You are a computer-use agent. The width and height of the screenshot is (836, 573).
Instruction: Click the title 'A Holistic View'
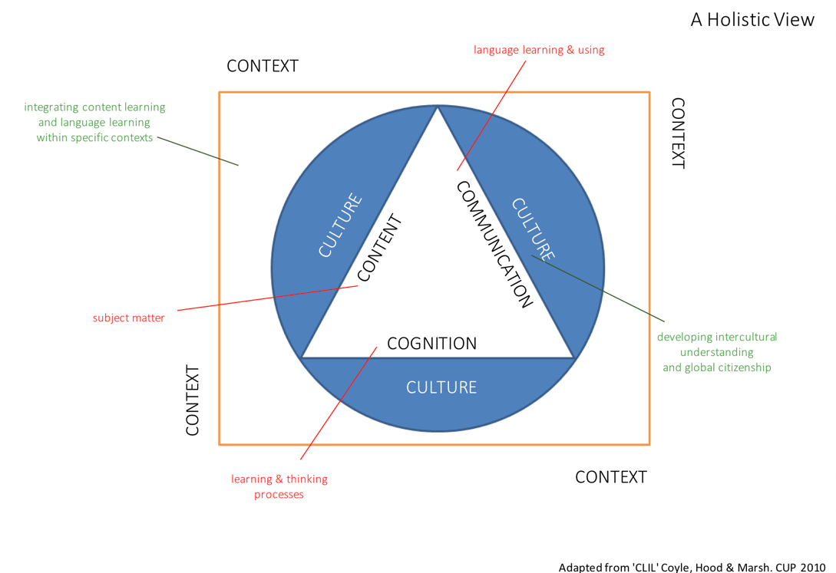(x=752, y=20)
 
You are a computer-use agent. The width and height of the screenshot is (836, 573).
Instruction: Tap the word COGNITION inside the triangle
(x=431, y=344)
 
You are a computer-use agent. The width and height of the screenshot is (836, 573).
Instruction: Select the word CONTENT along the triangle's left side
(x=378, y=248)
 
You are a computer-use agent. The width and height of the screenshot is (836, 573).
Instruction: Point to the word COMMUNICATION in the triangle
(x=494, y=245)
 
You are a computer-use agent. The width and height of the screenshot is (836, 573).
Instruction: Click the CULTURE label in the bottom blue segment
(x=441, y=387)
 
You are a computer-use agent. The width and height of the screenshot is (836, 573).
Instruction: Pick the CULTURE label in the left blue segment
(x=340, y=226)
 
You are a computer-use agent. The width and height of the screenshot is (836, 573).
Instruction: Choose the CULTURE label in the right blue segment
(x=533, y=229)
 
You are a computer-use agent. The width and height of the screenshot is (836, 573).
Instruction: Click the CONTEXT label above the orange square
(x=262, y=66)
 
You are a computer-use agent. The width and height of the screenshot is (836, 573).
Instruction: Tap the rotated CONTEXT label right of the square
(x=678, y=133)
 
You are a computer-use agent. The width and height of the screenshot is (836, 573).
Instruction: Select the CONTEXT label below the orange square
(x=611, y=477)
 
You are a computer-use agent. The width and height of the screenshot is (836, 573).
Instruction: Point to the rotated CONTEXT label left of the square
(x=193, y=400)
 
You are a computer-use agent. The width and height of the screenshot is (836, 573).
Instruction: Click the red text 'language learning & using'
(x=539, y=50)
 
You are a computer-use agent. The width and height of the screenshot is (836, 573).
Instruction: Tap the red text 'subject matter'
(x=129, y=318)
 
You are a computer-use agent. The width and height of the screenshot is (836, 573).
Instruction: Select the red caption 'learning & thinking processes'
(x=279, y=486)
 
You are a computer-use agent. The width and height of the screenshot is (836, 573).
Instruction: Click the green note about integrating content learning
(x=95, y=123)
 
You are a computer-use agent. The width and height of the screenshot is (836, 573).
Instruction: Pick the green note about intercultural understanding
(x=717, y=352)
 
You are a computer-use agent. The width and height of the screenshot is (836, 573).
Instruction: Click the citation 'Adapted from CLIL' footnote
(x=692, y=567)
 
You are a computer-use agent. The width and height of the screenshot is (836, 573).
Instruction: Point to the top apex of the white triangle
(x=438, y=108)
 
